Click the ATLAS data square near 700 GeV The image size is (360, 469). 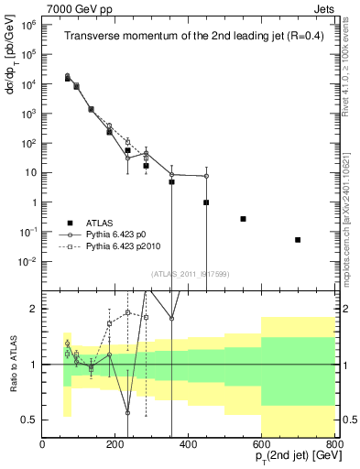pos(298,240)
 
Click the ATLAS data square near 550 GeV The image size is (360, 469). pos(243,219)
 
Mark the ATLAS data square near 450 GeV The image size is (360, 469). pos(206,202)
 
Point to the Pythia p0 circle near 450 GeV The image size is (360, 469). pos(206,176)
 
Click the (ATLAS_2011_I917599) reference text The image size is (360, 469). pos(189,273)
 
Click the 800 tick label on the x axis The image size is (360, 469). pos(334,445)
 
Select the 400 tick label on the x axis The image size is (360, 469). pos(189,445)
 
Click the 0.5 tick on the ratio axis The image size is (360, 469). pos(29,420)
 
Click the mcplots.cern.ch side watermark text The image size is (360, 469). pos(351,220)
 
